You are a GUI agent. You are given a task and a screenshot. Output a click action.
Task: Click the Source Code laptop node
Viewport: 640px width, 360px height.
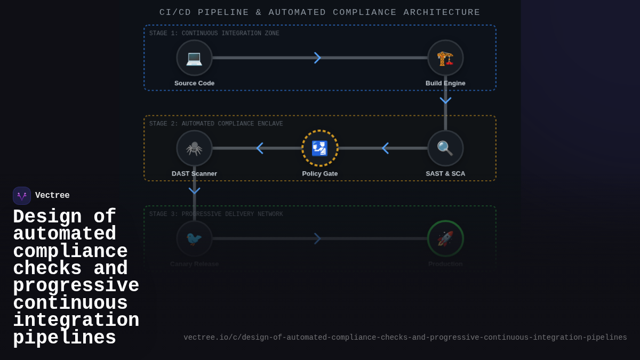[194, 58]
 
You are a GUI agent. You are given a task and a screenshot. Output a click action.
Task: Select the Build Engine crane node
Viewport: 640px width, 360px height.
[445, 58]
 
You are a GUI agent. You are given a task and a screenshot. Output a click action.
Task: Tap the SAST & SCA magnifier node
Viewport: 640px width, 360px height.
[445, 148]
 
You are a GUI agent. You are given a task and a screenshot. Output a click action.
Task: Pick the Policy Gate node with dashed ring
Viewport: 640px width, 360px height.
[320, 148]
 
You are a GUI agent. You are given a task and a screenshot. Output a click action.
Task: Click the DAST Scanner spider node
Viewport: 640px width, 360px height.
[194, 148]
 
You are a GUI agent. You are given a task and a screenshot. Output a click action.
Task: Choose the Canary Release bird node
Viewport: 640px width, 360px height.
[194, 238]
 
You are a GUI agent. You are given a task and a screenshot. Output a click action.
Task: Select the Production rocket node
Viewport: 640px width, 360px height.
[445, 238]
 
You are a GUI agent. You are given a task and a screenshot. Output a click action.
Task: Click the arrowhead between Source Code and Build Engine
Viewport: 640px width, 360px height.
[317, 58]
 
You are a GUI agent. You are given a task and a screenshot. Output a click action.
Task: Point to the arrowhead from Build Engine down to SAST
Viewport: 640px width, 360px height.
[445, 100]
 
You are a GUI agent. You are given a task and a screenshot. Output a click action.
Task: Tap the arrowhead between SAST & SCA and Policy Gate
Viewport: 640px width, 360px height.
[385, 148]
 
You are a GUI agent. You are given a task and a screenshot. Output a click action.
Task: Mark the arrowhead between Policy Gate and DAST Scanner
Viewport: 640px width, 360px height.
[260, 148]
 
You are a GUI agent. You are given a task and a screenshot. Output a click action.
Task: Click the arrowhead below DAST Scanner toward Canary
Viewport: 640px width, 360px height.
[194, 190]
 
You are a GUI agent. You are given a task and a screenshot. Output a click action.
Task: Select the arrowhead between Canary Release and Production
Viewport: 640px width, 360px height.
[317, 238]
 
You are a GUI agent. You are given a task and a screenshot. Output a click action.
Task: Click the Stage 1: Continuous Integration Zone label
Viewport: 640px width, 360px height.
[214, 34]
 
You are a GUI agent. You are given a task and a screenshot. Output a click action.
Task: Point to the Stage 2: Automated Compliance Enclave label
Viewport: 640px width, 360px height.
[216, 124]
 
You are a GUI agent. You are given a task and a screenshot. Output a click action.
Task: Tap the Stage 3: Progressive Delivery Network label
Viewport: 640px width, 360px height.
[216, 214]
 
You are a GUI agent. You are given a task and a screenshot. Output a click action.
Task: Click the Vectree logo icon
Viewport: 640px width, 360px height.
[22, 196]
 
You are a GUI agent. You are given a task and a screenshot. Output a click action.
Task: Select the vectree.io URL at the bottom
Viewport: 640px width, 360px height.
[405, 338]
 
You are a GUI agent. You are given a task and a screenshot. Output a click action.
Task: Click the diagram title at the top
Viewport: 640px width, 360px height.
[320, 12]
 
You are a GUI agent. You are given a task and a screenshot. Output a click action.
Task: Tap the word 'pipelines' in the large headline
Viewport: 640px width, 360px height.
[65, 338]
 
